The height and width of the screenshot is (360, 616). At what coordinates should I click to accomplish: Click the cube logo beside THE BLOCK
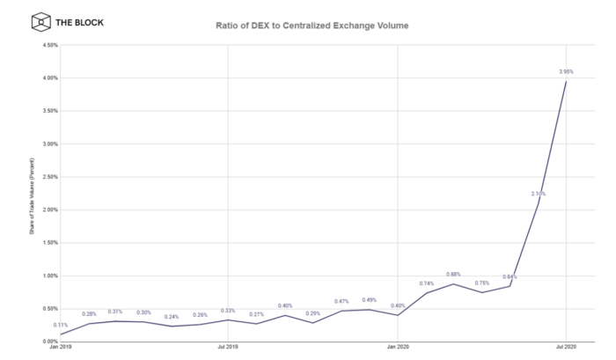pyautogui.click(x=40, y=21)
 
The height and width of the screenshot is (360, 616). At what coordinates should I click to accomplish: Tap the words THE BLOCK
pyautogui.click(x=78, y=21)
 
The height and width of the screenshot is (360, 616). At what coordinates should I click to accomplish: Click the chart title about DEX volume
pyautogui.click(x=312, y=26)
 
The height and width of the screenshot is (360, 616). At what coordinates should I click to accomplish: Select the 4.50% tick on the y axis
pyautogui.click(x=49, y=45)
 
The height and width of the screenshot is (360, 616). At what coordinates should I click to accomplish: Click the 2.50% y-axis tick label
pyautogui.click(x=49, y=177)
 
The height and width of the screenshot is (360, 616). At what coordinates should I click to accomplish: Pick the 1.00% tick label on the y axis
pyautogui.click(x=49, y=276)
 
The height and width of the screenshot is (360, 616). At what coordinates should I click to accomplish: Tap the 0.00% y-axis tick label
pyautogui.click(x=49, y=342)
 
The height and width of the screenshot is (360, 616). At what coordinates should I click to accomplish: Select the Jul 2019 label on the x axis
pyautogui.click(x=228, y=349)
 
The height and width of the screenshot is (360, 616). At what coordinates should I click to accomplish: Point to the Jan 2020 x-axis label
pyautogui.click(x=398, y=349)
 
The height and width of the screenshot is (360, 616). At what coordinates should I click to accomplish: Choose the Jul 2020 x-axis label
pyautogui.click(x=566, y=349)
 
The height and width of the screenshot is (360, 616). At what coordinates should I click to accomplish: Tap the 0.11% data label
pyautogui.click(x=61, y=326)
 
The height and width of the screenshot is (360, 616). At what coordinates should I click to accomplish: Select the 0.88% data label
pyautogui.click(x=454, y=275)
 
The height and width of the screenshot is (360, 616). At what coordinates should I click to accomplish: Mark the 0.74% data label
pyautogui.click(x=426, y=283)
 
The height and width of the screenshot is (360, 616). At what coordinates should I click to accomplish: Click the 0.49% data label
pyautogui.click(x=370, y=300)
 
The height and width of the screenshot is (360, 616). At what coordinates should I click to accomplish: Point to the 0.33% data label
pyautogui.click(x=228, y=311)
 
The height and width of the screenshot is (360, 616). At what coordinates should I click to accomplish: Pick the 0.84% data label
pyautogui.click(x=510, y=277)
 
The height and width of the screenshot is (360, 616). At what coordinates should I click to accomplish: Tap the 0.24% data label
pyautogui.click(x=172, y=317)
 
